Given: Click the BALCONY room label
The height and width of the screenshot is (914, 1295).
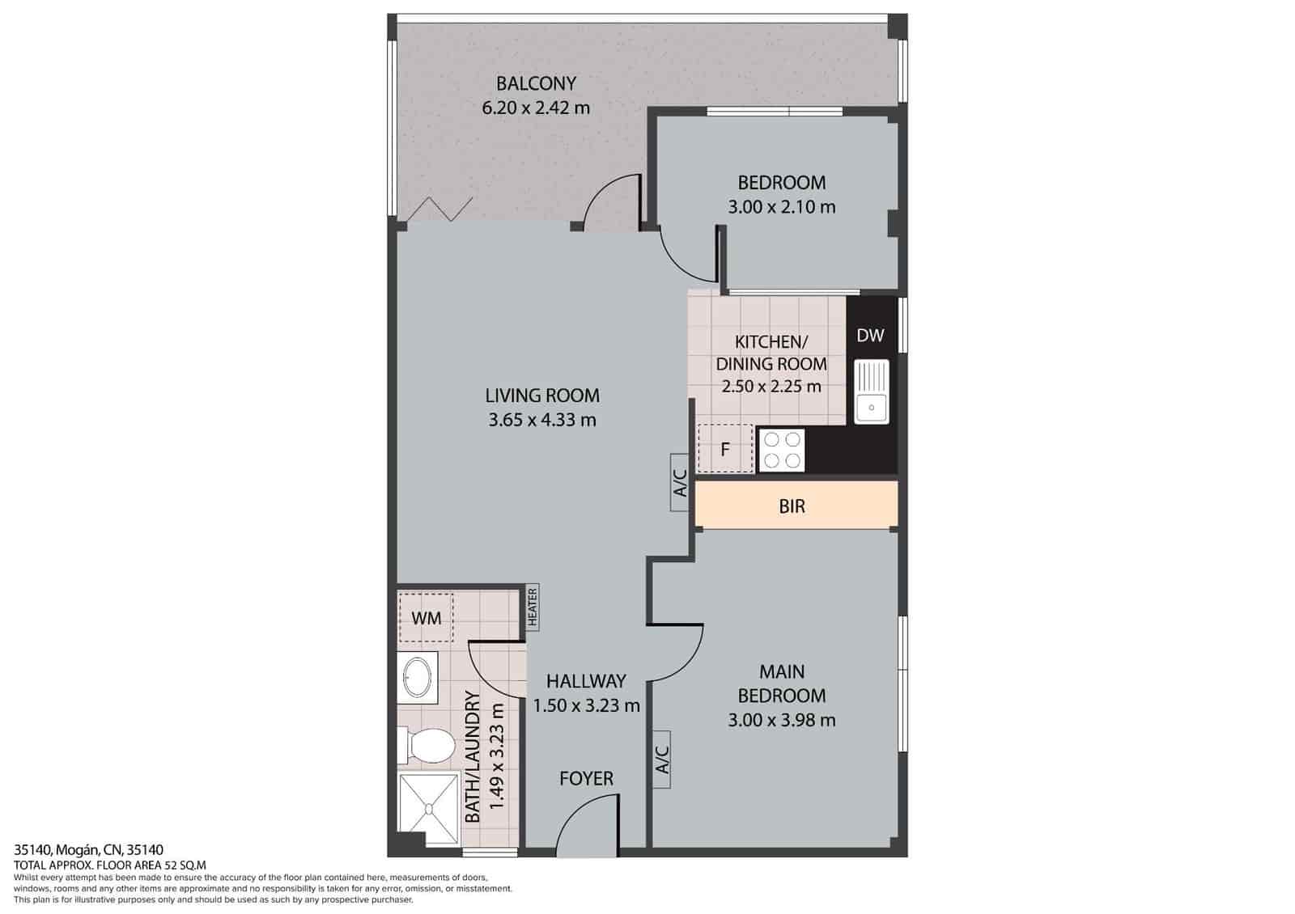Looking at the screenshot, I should [536, 83].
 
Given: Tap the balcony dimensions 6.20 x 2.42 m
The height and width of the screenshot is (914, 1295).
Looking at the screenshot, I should [536, 107].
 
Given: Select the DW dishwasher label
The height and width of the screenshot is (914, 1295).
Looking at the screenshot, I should [870, 335].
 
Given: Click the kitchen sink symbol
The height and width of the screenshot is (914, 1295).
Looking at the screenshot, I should [871, 392].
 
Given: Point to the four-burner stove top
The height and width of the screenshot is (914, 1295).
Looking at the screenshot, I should [783, 451].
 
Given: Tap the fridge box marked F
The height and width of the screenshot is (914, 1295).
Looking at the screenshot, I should [725, 448].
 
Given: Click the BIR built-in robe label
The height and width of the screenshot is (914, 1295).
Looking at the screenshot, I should [792, 506].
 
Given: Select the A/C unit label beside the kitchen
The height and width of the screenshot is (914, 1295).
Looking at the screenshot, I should [680, 483].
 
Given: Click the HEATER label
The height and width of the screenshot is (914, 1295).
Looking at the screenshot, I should [533, 607].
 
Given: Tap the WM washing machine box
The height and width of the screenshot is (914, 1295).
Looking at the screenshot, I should [426, 618].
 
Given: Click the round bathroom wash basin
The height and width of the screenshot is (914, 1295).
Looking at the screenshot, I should [418, 677].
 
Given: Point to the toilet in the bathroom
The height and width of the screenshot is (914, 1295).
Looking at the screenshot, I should [427, 745].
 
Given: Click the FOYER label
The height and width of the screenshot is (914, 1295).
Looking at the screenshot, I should [586, 778].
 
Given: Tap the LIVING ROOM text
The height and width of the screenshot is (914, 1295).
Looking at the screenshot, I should [542, 396].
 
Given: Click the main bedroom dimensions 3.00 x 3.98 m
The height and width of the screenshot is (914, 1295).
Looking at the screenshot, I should [782, 720].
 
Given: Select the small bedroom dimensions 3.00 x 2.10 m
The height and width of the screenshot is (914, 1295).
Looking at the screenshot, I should [782, 207].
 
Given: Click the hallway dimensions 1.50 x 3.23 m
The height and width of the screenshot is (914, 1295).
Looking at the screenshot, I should [586, 705].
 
